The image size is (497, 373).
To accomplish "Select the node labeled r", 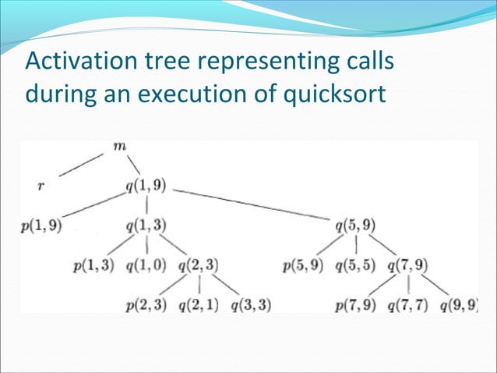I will click(41, 187).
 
